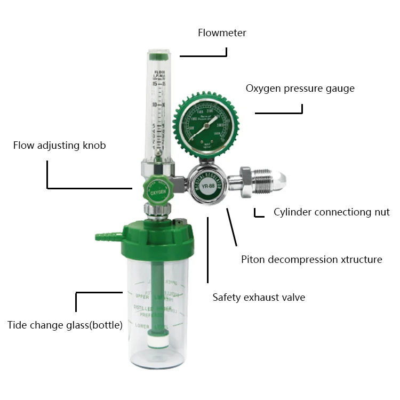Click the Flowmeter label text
[222, 33]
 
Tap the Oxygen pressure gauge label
[300, 89]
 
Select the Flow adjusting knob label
[59, 146]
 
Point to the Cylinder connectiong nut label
[331, 212]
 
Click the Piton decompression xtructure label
[311, 260]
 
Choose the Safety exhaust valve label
[259, 297]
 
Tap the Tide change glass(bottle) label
[65, 325]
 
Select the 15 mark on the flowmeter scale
[154, 84]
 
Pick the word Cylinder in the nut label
[292, 212]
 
